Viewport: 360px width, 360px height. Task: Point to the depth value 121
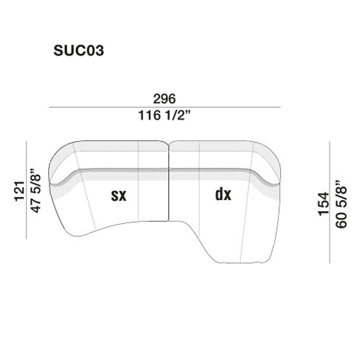[x=18, y=191]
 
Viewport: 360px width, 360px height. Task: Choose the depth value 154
[x=324, y=203]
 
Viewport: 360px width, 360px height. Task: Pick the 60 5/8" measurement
[x=341, y=203]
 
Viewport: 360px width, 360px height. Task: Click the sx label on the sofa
[x=119, y=195]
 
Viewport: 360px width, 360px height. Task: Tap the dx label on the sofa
[x=223, y=194]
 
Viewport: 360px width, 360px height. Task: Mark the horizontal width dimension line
[x=165, y=107]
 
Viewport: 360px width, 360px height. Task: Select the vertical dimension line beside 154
[x=330, y=202]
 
